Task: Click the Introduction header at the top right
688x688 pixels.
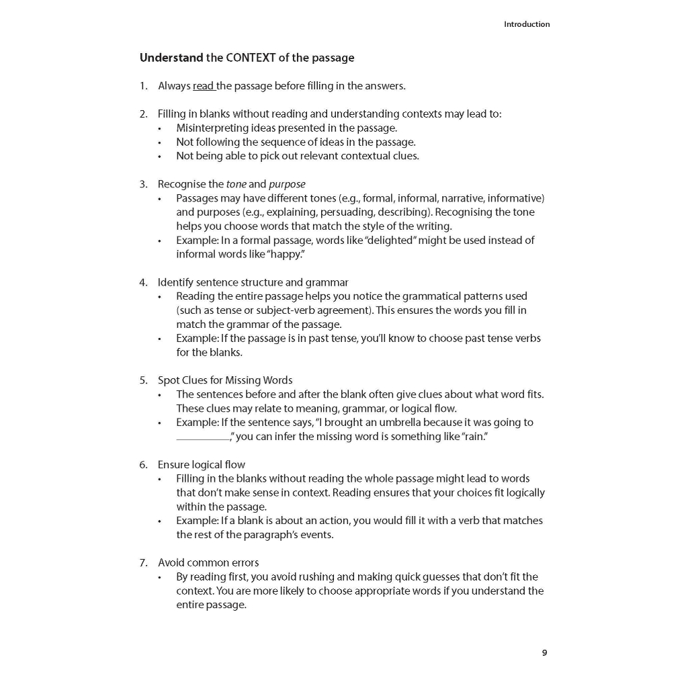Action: (x=527, y=24)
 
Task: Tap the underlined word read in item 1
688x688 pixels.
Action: (x=203, y=86)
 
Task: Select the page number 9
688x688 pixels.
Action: (x=544, y=652)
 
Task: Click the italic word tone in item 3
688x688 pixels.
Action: (x=236, y=184)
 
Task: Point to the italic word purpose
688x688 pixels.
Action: (x=287, y=184)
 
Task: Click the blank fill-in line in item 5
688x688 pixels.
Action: (x=202, y=437)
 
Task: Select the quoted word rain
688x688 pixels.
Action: (x=474, y=437)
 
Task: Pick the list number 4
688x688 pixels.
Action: (x=142, y=282)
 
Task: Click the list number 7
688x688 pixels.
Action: (x=142, y=563)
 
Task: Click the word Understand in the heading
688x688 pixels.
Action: (x=171, y=58)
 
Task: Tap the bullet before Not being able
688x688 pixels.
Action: (x=160, y=157)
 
